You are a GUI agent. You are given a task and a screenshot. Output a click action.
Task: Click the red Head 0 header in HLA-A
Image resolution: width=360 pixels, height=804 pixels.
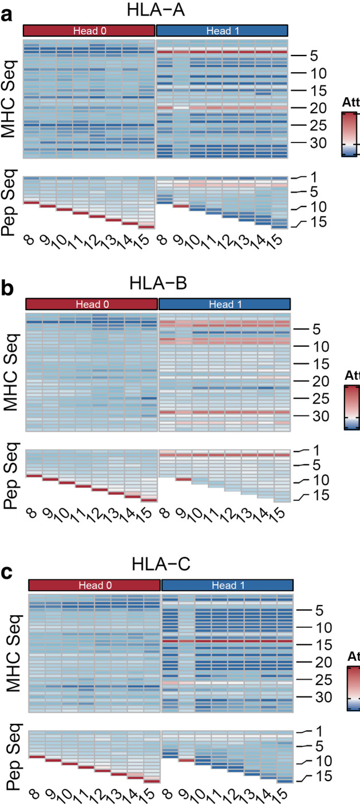coord(89,30)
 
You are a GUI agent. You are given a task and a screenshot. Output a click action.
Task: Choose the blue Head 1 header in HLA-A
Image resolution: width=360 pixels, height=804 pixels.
coord(221,30)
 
